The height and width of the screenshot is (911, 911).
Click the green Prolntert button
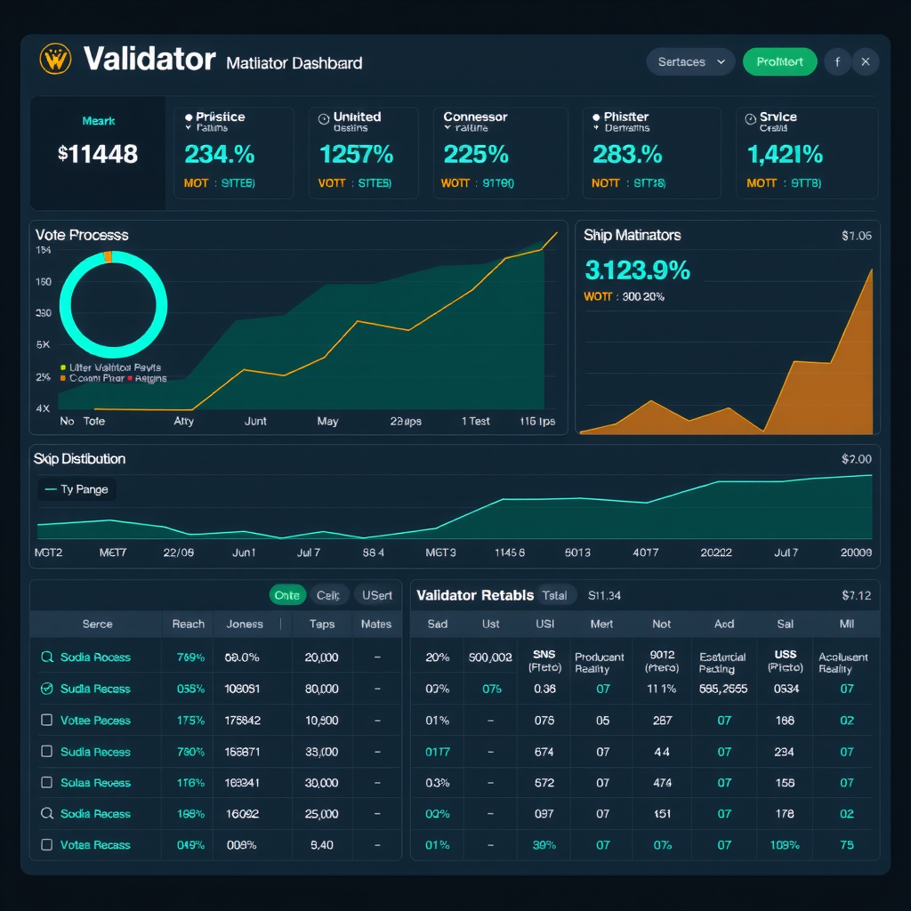pyautogui.click(x=779, y=61)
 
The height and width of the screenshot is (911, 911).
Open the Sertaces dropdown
pyautogui.click(x=690, y=61)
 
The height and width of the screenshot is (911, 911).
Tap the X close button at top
pyautogui.click(x=866, y=61)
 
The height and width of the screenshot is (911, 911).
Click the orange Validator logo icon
pyautogui.click(x=55, y=60)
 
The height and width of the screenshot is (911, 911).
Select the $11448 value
pyautogui.click(x=98, y=154)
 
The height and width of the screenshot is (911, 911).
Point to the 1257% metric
pyautogui.click(x=356, y=154)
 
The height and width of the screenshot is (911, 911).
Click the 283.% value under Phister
pyautogui.click(x=627, y=154)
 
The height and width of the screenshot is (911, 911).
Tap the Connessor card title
pyautogui.click(x=475, y=117)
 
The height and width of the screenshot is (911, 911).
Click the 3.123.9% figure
pyautogui.click(x=637, y=269)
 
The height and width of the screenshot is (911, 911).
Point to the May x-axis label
pyautogui.click(x=327, y=421)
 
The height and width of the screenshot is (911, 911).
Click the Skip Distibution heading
pyautogui.click(x=79, y=458)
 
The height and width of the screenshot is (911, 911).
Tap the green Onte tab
pyautogui.click(x=286, y=595)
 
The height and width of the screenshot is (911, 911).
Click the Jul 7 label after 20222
pyautogui.click(x=786, y=552)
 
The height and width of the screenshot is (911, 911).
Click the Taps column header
pyautogui.click(x=321, y=624)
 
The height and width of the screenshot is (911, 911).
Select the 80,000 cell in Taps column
pyautogui.click(x=321, y=689)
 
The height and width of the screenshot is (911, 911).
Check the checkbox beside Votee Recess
pyautogui.click(x=47, y=720)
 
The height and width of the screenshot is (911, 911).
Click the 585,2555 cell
pyautogui.click(x=722, y=689)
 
